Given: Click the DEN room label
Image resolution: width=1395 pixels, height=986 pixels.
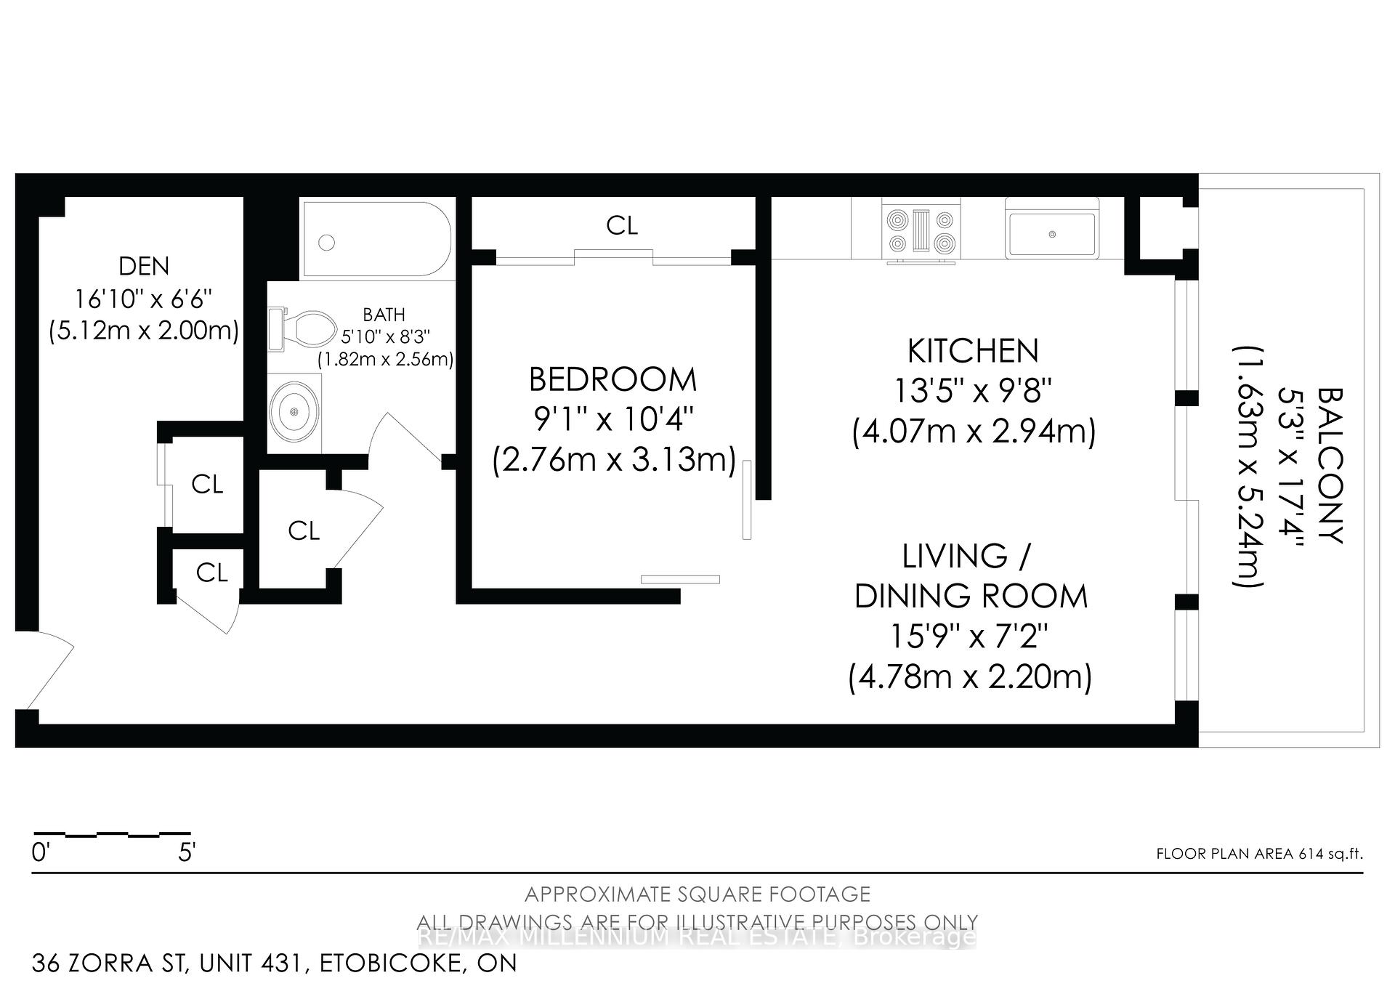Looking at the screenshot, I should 144,266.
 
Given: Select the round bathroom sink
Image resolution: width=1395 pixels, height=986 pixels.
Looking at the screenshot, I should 294,412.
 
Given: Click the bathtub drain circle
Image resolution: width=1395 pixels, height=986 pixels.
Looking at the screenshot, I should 327,243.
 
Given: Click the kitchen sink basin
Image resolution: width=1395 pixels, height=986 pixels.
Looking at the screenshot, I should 1051,234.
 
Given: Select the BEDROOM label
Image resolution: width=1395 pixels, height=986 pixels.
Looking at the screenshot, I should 612,380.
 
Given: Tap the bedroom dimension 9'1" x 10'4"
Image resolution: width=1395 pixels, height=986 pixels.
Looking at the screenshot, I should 612,420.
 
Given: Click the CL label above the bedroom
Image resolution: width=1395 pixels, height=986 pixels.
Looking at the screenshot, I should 622,226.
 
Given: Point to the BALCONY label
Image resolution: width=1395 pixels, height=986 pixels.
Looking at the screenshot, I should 1330,465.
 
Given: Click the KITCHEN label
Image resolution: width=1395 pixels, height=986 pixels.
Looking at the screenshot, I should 973,352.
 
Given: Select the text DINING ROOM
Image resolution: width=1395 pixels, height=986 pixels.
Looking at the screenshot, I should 971,597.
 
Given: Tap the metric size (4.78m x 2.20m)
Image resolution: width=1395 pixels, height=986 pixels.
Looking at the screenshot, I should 971,677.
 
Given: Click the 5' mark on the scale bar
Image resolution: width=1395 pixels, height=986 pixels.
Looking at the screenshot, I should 187,852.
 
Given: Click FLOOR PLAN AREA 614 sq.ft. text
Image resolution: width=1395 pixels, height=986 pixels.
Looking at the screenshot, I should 1259,854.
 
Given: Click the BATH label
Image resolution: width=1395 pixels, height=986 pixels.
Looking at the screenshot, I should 384,315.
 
